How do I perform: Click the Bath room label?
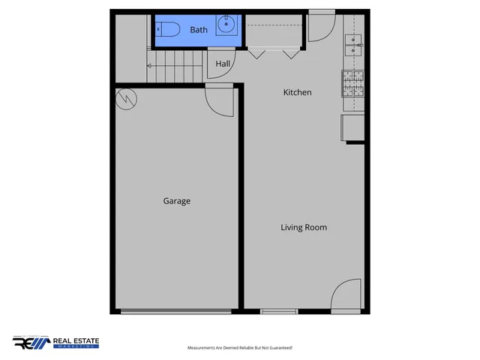(x=198, y=30)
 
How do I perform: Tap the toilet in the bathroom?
(x=168, y=30)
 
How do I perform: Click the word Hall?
(x=223, y=64)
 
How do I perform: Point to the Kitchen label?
(x=297, y=92)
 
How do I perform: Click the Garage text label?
(x=177, y=201)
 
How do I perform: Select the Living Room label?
(x=304, y=227)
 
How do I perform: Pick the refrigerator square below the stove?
(x=353, y=127)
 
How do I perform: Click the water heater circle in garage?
(x=127, y=97)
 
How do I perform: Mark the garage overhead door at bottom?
(x=176, y=311)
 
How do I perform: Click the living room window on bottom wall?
(x=279, y=311)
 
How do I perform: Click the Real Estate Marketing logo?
(x=56, y=343)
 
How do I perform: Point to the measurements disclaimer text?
(x=240, y=348)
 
